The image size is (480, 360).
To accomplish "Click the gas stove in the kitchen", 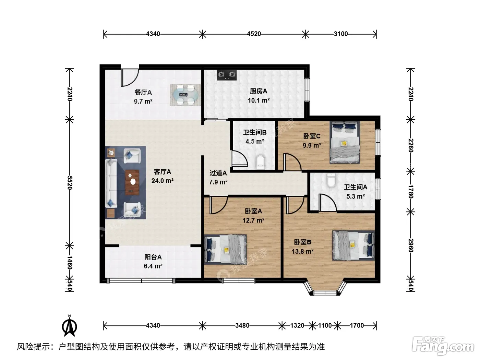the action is click(x=227, y=75).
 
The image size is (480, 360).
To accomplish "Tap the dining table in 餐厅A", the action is click(x=185, y=95).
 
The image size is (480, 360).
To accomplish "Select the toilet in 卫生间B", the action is click(x=260, y=162).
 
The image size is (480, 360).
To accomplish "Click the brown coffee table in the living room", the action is click(x=132, y=182).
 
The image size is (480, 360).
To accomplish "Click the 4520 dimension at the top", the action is click(x=254, y=34).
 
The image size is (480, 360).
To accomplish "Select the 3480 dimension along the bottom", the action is click(x=242, y=325).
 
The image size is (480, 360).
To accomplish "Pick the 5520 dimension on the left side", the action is click(x=70, y=182).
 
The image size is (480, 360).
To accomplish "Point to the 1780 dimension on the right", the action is click(x=410, y=191).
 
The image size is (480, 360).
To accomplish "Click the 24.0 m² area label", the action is click(x=163, y=181).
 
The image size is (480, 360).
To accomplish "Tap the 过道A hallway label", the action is click(x=218, y=173).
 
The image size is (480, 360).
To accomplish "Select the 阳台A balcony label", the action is click(x=153, y=257).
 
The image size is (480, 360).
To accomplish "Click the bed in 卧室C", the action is click(x=345, y=143).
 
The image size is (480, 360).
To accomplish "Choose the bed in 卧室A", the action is click(x=226, y=249).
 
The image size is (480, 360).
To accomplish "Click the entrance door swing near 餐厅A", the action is click(x=130, y=77).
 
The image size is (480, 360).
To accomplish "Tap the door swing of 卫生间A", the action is click(x=327, y=202).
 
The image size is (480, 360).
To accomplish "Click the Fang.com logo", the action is click(x=443, y=346).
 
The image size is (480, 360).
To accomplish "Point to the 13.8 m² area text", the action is click(x=303, y=251).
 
